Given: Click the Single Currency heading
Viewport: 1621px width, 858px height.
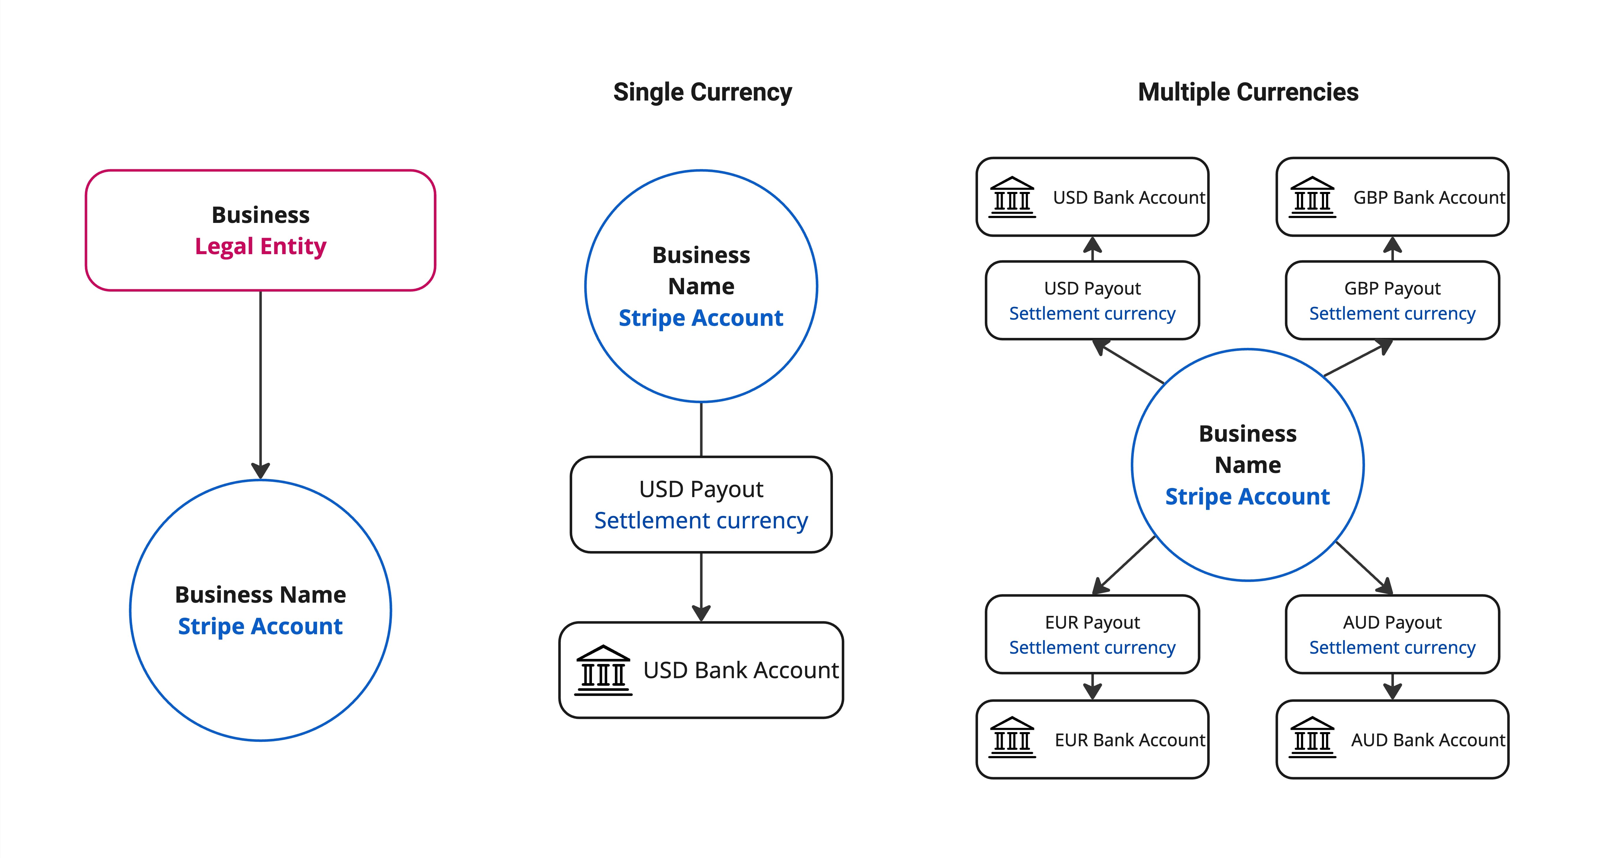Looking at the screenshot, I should [x=702, y=93].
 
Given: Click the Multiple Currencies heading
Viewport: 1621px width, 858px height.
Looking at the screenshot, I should [x=1248, y=93].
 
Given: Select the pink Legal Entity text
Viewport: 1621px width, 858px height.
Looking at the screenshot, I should [x=260, y=246].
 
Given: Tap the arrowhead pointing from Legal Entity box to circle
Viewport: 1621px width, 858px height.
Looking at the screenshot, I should [x=260, y=471].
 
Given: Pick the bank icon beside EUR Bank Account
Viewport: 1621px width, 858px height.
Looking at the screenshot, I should [x=1012, y=737].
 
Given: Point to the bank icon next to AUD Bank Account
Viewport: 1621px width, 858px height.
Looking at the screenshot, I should [x=1312, y=737].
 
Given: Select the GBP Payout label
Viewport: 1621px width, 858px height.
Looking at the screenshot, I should [x=1392, y=288].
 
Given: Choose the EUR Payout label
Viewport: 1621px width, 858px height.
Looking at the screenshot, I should [x=1092, y=622].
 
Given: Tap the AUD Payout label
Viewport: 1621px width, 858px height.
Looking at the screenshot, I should [x=1392, y=622].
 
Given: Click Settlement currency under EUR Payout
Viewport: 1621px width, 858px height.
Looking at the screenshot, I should [x=1092, y=647].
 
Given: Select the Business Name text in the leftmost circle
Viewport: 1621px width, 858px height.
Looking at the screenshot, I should [x=260, y=594].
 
